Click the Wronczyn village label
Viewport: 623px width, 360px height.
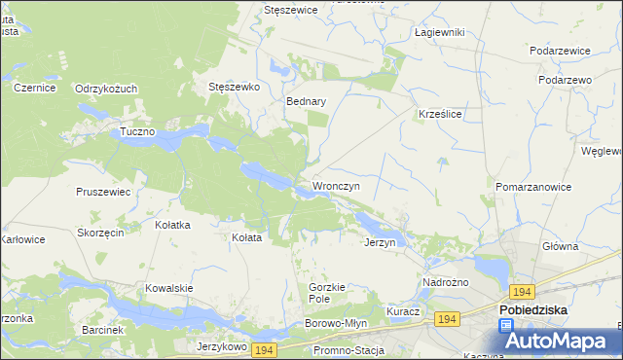(336, 185)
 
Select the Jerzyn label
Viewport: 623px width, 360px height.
(380, 242)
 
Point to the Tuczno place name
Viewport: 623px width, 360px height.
(137, 131)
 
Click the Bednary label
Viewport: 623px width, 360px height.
(306, 100)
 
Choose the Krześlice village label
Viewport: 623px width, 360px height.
(439, 113)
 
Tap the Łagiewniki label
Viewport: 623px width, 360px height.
(439, 32)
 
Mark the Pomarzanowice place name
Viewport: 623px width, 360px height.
(533, 185)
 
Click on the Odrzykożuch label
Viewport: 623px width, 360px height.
(106, 89)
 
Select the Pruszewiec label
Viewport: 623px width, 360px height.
(103, 192)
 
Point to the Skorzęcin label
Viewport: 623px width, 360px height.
(100, 234)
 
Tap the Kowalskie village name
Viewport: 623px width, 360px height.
(169, 288)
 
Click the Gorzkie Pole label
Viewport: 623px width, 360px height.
(327, 293)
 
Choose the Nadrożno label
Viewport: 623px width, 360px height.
(446, 282)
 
